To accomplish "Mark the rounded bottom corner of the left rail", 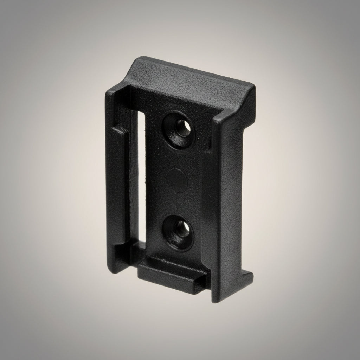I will pyautogui.click(x=117, y=269).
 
